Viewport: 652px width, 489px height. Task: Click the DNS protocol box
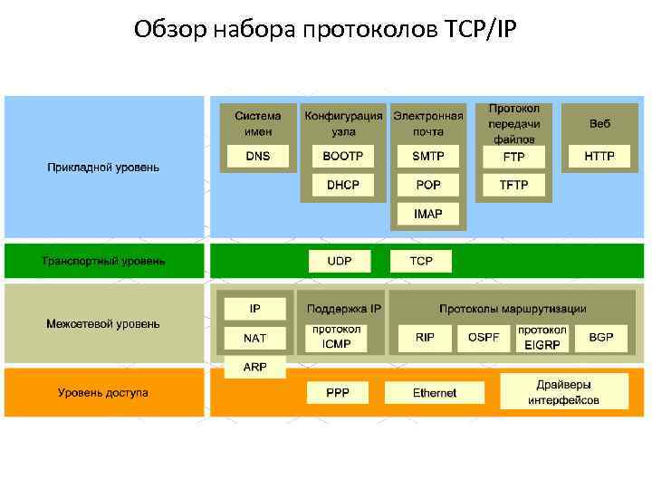(x=257, y=157)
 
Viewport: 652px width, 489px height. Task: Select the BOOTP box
(x=342, y=157)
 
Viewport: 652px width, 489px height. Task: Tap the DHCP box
(x=342, y=185)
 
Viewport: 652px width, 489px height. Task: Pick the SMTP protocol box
(x=428, y=157)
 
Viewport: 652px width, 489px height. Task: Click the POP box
(x=428, y=185)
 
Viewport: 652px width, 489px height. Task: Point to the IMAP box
(x=428, y=215)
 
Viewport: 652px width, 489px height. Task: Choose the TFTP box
(x=513, y=185)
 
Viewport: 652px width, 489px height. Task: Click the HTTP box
(x=599, y=157)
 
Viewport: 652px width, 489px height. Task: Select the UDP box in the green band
(x=340, y=262)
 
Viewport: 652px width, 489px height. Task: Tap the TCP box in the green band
(x=421, y=262)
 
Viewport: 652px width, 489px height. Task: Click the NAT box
(x=255, y=338)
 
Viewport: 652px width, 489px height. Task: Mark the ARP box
(x=255, y=367)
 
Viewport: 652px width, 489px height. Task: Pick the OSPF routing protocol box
(x=483, y=338)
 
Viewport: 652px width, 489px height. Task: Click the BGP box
(x=600, y=338)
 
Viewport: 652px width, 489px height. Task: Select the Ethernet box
(x=435, y=393)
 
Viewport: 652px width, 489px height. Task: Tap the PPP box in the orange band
(x=337, y=393)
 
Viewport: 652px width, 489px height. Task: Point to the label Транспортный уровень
(x=104, y=262)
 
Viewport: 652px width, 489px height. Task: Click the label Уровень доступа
(x=103, y=393)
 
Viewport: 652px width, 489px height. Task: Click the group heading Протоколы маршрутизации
(x=513, y=309)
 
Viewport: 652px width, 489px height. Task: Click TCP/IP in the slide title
(x=481, y=31)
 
